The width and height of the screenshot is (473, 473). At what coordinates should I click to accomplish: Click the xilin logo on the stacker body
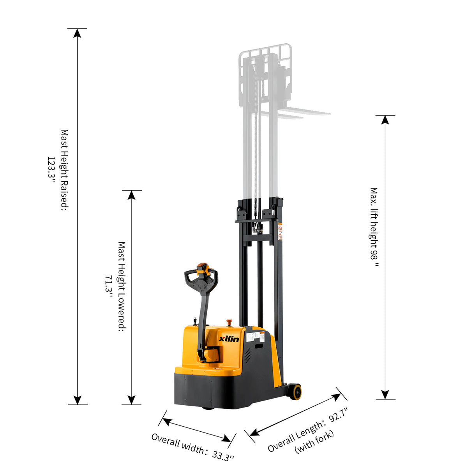pos(229,339)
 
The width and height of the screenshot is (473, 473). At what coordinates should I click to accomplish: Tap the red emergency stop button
pos(229,322)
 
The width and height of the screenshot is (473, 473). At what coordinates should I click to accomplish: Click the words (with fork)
pos(314,442)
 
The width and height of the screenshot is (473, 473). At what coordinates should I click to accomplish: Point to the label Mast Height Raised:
pos(64,170)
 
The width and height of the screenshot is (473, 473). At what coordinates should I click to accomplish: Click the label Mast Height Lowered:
pos(122,286)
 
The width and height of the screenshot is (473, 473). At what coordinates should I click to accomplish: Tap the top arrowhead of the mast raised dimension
pos(78,33)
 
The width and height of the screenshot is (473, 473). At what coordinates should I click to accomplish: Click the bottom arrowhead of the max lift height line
pos(385,395)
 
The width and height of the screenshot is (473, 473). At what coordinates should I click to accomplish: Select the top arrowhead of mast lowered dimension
pos(132,195)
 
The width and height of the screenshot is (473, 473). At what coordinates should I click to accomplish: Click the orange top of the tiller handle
pos(202,266)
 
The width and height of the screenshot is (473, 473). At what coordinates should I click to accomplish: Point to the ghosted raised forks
pos(296,113)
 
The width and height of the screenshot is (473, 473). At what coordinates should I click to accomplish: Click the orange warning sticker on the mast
pos(280,231)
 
